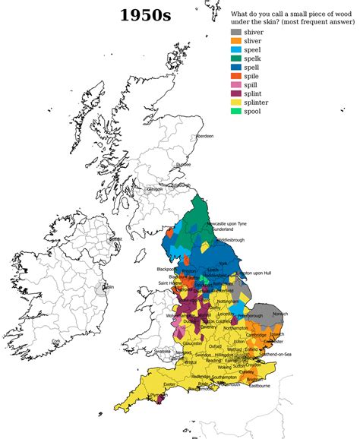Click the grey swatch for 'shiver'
point(236,33)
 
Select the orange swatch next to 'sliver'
point(236,43)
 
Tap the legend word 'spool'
point(257,122)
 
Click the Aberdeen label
point(205,136)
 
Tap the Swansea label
point(163,352)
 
